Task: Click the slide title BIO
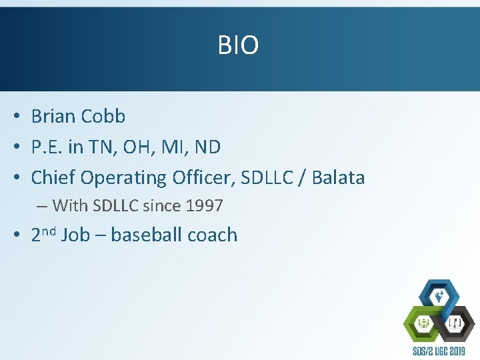click(x=238, y=45)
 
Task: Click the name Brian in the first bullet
click(x=53, y=117)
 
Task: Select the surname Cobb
click(x=103, y=117)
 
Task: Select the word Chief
click(x=53, y=178)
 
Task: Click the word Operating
click(x=123, y=179)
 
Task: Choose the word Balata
click(x=338, y=178)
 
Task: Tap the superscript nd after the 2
click(x=49, y=231)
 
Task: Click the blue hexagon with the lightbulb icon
click(x=438, y=295)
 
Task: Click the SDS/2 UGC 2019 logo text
click(x=439, y=351)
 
